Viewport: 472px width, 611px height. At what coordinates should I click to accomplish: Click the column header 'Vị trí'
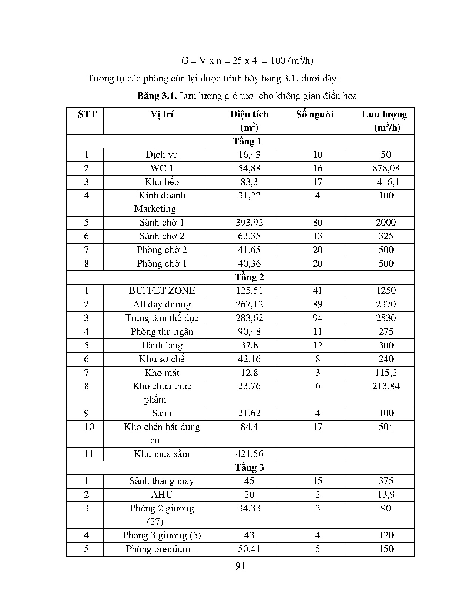[x=162, y=114]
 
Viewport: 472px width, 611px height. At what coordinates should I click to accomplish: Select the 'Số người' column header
[x=315, y=114]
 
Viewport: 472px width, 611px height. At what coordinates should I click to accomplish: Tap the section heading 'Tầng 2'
[x=249, y=277]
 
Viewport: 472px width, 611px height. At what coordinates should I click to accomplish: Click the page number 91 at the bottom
[x=240, y=566]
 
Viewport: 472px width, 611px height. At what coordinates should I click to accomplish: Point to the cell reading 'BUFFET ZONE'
[x=162, y=291]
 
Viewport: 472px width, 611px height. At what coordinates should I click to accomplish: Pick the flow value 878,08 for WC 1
[x=386, y=168]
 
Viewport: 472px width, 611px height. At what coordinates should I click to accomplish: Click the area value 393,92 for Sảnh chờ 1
[x=249, y=223]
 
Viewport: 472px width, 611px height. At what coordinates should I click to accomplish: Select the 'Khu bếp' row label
[x=162, y=182]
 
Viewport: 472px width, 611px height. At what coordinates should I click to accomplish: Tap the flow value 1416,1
[x=386, y=182]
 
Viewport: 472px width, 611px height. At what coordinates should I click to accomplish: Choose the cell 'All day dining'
[x=162, y=304]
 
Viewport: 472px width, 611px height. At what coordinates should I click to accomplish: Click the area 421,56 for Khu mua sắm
[x=249, y=454]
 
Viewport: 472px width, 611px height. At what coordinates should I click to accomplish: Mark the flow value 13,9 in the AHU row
[x=386, y=495]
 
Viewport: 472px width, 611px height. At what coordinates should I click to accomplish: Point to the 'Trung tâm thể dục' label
[x=162, y=318]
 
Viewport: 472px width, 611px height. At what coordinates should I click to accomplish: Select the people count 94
[x=318, y=318]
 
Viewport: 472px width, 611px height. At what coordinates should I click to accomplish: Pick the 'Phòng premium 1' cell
[x=161, y=549]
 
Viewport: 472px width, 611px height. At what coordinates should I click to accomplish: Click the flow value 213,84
[x=386, y=386]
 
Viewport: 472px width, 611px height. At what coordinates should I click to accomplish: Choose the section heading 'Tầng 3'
[x=249, y=468]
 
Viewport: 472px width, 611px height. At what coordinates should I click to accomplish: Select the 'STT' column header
[x=87, y=114]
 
